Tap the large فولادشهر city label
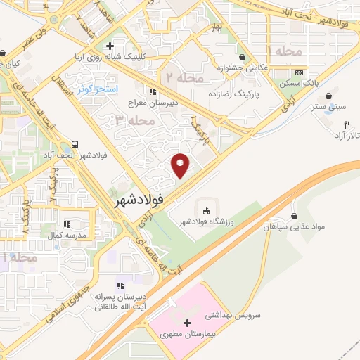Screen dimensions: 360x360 (149, 200)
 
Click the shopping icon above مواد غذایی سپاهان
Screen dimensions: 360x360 (293, 215)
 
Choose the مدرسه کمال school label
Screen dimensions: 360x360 (70, 233)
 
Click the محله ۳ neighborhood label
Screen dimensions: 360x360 (134, 120)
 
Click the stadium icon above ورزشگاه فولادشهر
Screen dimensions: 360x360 (206, 211)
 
